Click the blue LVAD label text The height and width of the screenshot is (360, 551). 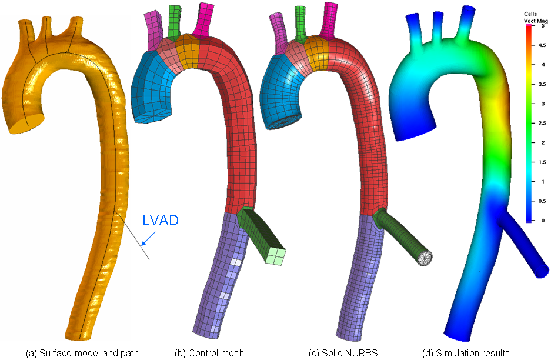click(161, 221)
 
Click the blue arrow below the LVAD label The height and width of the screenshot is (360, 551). click(148, 238)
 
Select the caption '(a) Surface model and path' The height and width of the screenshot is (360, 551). click(82, 353)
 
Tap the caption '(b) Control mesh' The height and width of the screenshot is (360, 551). click(209, 353)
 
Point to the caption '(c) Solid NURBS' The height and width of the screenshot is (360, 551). click(343, 353)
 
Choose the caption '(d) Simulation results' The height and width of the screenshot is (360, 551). click(466, 353)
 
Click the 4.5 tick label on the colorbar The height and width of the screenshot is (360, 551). click(542, 45)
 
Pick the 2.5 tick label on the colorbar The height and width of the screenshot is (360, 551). click(542, 123)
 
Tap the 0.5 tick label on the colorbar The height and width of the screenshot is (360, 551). click(542, 201)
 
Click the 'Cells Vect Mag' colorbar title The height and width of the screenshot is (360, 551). click(536, 18)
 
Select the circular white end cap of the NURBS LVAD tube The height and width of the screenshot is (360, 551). click(425, 258)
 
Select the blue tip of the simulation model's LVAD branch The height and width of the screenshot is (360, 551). click(542, 271)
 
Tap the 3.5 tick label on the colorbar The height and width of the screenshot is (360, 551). click(542, 84)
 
